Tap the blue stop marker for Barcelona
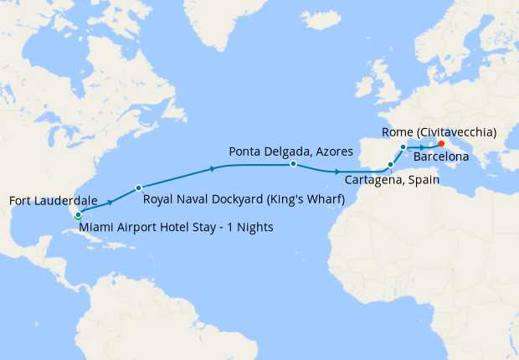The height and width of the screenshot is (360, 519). click(403, 147)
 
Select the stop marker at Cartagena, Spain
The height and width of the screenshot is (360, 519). click(390, 164)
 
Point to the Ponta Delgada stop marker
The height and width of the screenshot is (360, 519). click(293, 164)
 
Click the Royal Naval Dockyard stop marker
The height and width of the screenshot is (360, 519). click(138, 187)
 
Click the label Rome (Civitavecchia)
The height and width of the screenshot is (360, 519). click(439, 132)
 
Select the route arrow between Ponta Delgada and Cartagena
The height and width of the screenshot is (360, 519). click(336, 171)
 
